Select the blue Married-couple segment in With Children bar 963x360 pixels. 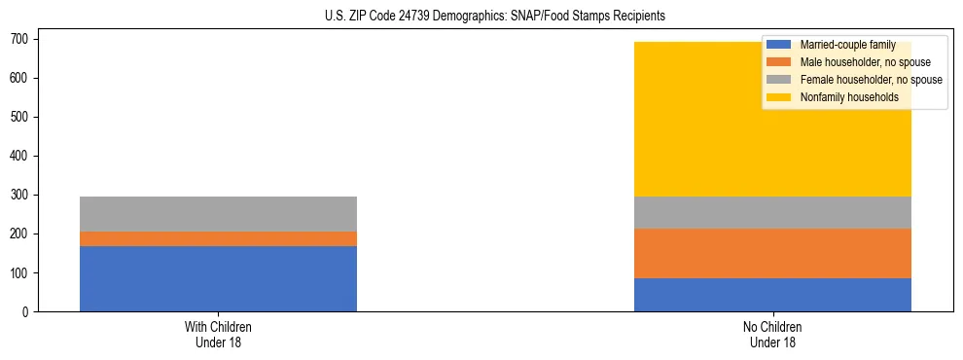[x=218, y=278]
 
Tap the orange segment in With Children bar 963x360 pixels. [x=218, y=238]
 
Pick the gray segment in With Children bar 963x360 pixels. [x=218, y=214]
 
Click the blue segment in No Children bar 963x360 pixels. [x=772, y=295]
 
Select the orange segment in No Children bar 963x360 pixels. [x=772, y=253]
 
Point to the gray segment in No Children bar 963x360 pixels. [x=772, y=212]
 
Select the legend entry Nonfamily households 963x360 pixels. [x=842, y=97]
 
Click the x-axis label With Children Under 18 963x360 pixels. [x=218, y=335]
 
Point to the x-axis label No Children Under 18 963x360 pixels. [x=772, y=335]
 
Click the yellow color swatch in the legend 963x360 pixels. [x=778, y=97]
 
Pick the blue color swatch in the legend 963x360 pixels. [x=778, y=45]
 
